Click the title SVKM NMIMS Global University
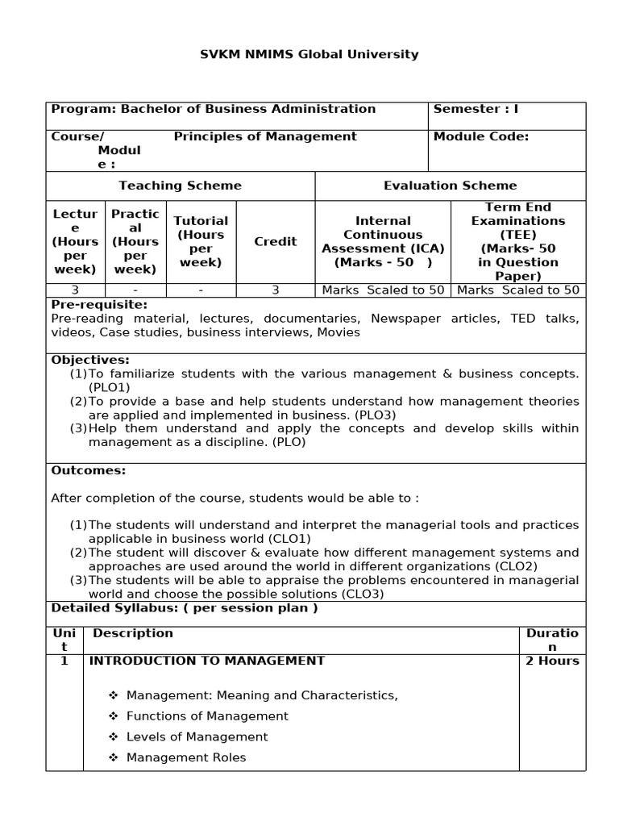[309, 54]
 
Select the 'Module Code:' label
[481, 136]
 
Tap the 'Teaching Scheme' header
[180, 186]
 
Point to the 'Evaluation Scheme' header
[450, 186]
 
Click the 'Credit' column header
[275, 241]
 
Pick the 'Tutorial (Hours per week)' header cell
[201, 241]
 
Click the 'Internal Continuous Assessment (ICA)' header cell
[383, 241]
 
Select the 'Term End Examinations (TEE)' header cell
[517, 241]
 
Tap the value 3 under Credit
[275, 290]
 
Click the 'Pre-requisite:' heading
[99, 305]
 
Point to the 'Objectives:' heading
[90, 360]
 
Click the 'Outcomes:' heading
[89, 470]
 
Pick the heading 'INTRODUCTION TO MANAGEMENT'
[206, 661]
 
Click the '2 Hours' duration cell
[552, 661]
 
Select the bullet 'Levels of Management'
[197, 736]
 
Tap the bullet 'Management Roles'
[186, 757]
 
